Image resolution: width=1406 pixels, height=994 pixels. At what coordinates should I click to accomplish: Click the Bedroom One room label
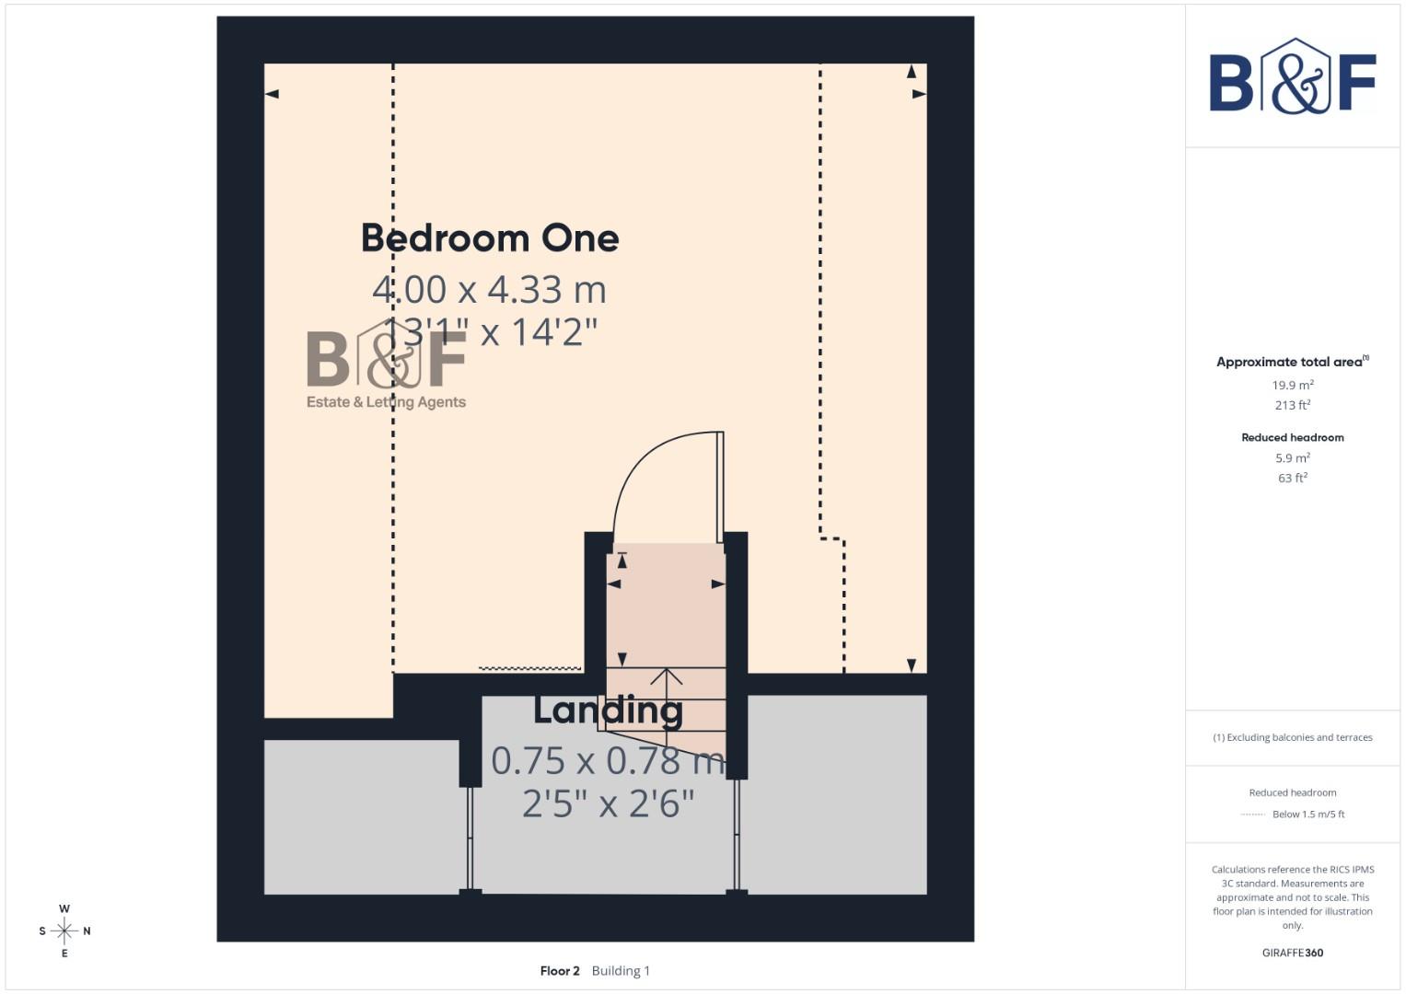[489, 238]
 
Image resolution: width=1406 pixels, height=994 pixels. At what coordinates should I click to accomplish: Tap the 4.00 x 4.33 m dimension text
[489, 290]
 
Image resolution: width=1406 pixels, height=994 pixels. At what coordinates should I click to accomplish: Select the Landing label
[608, 711]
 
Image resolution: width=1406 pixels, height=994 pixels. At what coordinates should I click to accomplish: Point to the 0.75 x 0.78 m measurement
[608, 760]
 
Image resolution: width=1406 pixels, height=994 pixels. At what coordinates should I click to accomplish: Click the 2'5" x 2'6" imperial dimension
[608, 803]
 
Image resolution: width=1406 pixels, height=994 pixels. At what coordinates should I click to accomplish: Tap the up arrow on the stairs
[666, 678]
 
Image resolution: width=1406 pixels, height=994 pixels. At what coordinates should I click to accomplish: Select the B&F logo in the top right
[1292, 77]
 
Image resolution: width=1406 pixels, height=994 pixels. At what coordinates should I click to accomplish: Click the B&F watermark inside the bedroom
[387, 359]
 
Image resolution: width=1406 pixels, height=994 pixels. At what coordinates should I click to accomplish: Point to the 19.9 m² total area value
[1292, 386]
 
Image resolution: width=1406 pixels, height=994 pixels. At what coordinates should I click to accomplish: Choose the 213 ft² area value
[1292, 405]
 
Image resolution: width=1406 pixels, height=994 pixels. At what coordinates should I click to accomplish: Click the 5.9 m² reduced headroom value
[1292, 458]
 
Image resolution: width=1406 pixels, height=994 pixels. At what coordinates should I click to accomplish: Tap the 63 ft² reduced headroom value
[1292, 479]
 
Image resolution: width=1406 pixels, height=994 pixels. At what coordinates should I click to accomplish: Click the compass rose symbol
[64, 930]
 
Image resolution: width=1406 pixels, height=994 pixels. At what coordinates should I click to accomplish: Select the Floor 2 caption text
[560, 971]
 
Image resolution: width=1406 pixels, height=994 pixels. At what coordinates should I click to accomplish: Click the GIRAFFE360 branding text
[1292, 953]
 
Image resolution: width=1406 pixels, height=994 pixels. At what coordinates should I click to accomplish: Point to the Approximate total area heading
[1290, 362]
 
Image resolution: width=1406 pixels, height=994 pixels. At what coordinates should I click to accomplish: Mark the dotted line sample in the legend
[1252, 815]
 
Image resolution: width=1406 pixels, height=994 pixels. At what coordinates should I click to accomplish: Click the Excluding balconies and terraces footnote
[1292, 737]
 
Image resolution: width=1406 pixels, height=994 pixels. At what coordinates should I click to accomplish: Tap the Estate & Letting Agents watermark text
[386, 402]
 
